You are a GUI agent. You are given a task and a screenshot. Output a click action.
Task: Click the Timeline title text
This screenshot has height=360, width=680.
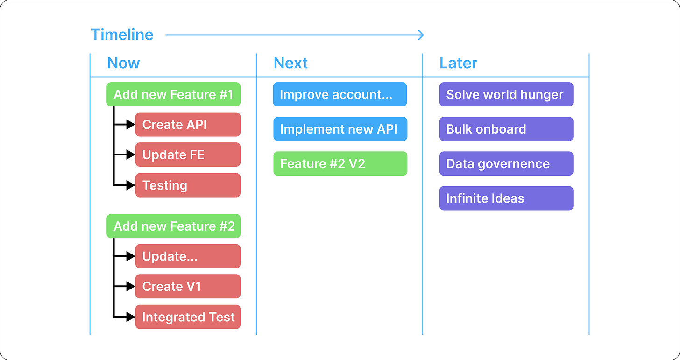pos(122,35)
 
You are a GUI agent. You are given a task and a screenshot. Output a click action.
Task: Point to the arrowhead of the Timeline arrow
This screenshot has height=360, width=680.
pos(421,35)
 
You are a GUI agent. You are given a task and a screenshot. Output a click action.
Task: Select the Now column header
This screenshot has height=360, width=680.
pos(123,63)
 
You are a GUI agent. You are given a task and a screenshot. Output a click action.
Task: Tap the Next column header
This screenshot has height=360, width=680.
pos(290,63)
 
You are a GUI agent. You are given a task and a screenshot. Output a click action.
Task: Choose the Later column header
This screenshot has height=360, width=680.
pos(458,63)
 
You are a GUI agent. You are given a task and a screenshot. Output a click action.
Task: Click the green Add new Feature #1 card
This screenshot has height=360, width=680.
pos(173,94)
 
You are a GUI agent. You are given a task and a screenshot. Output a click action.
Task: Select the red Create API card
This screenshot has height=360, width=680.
pos(188,125)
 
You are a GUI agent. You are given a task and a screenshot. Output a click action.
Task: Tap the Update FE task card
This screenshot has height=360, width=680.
pos(188,155)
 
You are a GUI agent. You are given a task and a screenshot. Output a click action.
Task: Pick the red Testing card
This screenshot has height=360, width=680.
pos(188,185)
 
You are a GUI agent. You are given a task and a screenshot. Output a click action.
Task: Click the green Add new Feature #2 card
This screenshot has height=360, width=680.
pos(173,226)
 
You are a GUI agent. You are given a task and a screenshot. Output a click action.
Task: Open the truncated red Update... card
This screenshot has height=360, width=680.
pos(188,256)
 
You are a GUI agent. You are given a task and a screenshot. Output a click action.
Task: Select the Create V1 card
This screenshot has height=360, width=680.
pos(188,287)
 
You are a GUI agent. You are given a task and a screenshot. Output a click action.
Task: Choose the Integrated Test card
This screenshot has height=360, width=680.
pos(188,317)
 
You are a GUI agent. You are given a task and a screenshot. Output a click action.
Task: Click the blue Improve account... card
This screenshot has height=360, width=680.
pos(340,94)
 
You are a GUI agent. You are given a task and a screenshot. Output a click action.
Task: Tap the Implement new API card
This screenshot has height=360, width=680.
pos(340,129)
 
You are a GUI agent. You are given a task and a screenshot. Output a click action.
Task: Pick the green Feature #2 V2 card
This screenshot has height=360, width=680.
pos(340,163)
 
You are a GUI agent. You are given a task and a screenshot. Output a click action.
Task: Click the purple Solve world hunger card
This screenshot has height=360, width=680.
pos(506,94)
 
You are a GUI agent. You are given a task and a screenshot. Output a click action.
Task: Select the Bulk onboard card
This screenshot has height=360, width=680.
pos(506,129)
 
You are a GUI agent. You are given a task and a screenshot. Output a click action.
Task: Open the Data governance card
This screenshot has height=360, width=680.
pos(506,163)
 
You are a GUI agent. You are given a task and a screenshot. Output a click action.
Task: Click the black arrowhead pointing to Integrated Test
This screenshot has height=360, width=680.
pos(131,317)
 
